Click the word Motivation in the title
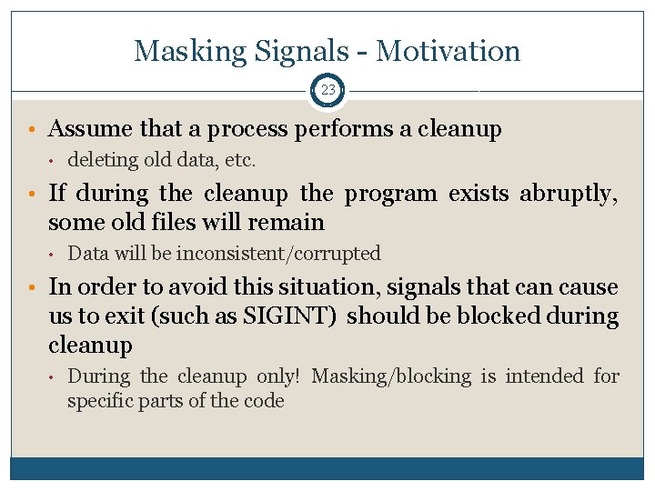pyautogui.click(x=448, y=51)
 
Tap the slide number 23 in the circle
pyautogui.click(x=327, y=90)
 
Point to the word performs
pyautogui.click(x=344, y=129)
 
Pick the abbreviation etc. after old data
pyautogui.click(x=240, y=161)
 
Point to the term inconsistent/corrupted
pyautogui.click(x=277, y=254)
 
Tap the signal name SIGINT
pyautogui.click(x=297, y=316)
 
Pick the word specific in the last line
pyautogui.click(x=99, y=401)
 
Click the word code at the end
pyautogui.click(x=265, y=401)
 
